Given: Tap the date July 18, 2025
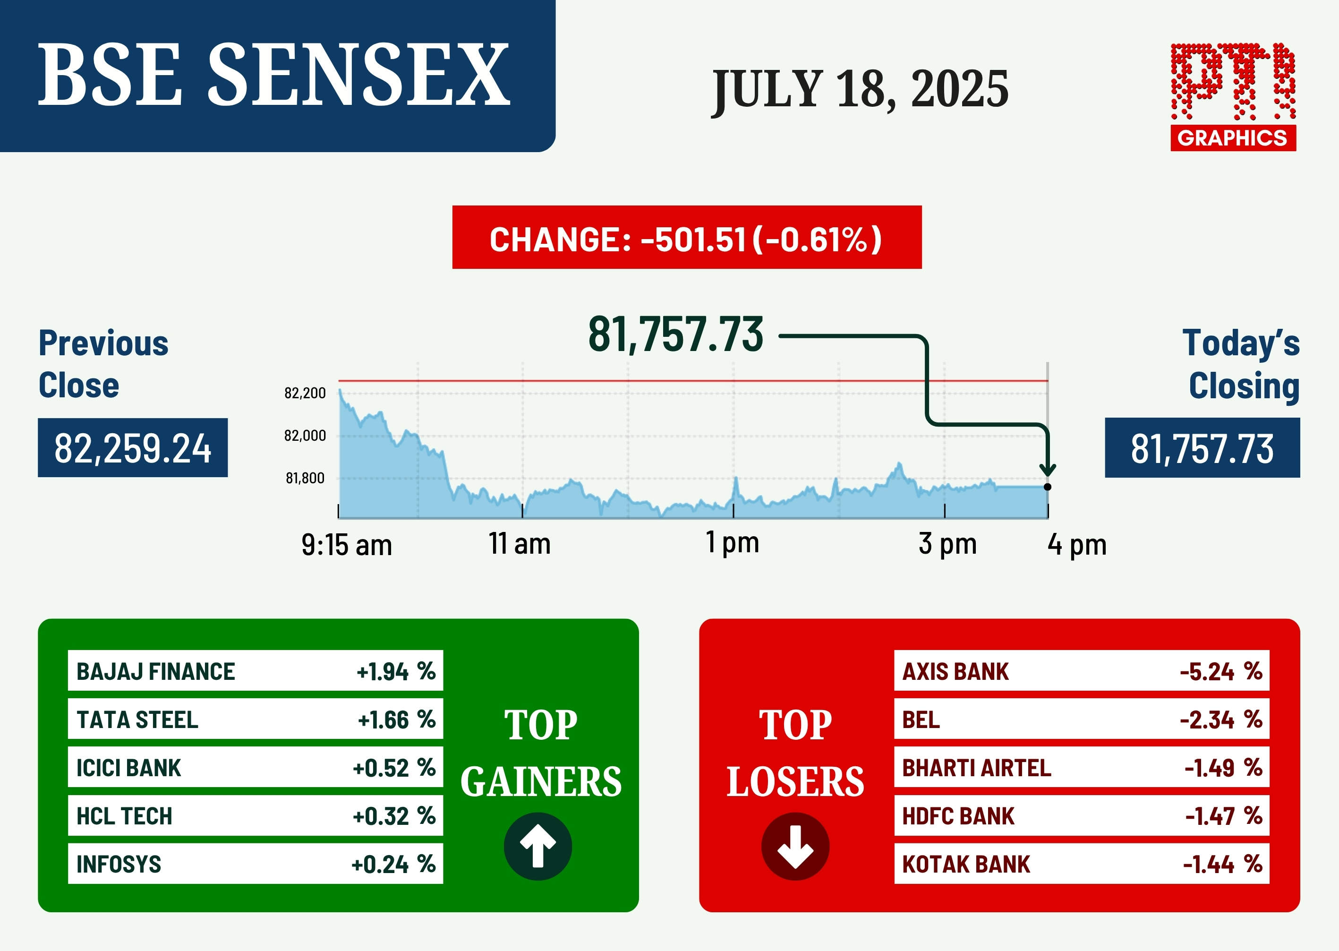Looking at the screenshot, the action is (x=860, y=89).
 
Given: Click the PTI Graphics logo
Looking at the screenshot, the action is (x=1233, y=97).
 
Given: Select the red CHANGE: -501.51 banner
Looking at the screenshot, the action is (x=687, y=237).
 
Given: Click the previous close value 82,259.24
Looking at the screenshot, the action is (x=133, y=448).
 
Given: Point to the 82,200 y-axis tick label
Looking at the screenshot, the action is (x=305, y=393).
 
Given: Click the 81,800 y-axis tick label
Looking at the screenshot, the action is (x=305, y=479).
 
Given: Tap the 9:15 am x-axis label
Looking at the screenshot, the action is (x=347, y=545).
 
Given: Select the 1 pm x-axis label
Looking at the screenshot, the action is (x=732, y=543).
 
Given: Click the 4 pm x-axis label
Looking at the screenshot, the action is (x=1077, y=545).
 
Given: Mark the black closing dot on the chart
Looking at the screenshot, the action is (x=1048, y=487).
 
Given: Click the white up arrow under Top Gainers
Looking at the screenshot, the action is (x=538, y=846).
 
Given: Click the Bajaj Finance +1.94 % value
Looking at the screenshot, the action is (x=396, y=671).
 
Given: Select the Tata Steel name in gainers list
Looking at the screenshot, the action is (x=137, y=720).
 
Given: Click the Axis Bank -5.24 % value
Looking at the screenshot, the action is (x=1221, y=671).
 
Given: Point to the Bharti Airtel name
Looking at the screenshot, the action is (x=977, y=768).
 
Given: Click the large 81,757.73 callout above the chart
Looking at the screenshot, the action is (x=676, y=334).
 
